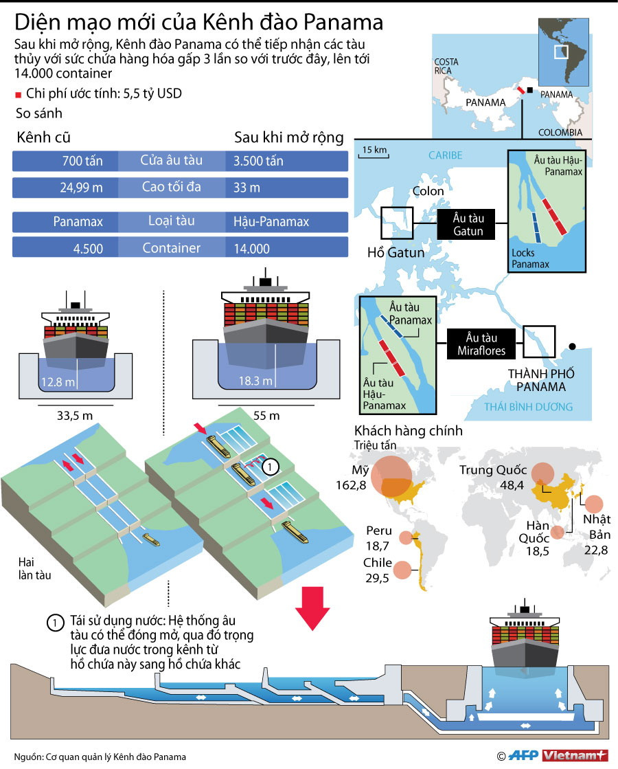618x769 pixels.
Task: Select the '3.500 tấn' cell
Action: coord(258,162)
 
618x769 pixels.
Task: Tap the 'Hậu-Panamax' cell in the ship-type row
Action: coord(271,222)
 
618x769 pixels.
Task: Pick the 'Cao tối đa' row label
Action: coord(172,188)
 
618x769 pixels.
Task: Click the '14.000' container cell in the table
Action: coord(251,249)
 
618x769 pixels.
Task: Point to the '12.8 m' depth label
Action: coord(57,382)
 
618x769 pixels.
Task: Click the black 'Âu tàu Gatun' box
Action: coord(468,225)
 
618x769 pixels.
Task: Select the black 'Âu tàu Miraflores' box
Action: coord(481,344)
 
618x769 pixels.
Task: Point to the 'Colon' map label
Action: coord(428,191)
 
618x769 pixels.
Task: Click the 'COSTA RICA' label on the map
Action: coord(446,66)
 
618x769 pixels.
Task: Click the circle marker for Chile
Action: coord(403,568)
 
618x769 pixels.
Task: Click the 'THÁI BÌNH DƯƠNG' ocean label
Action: coord(528,407)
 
